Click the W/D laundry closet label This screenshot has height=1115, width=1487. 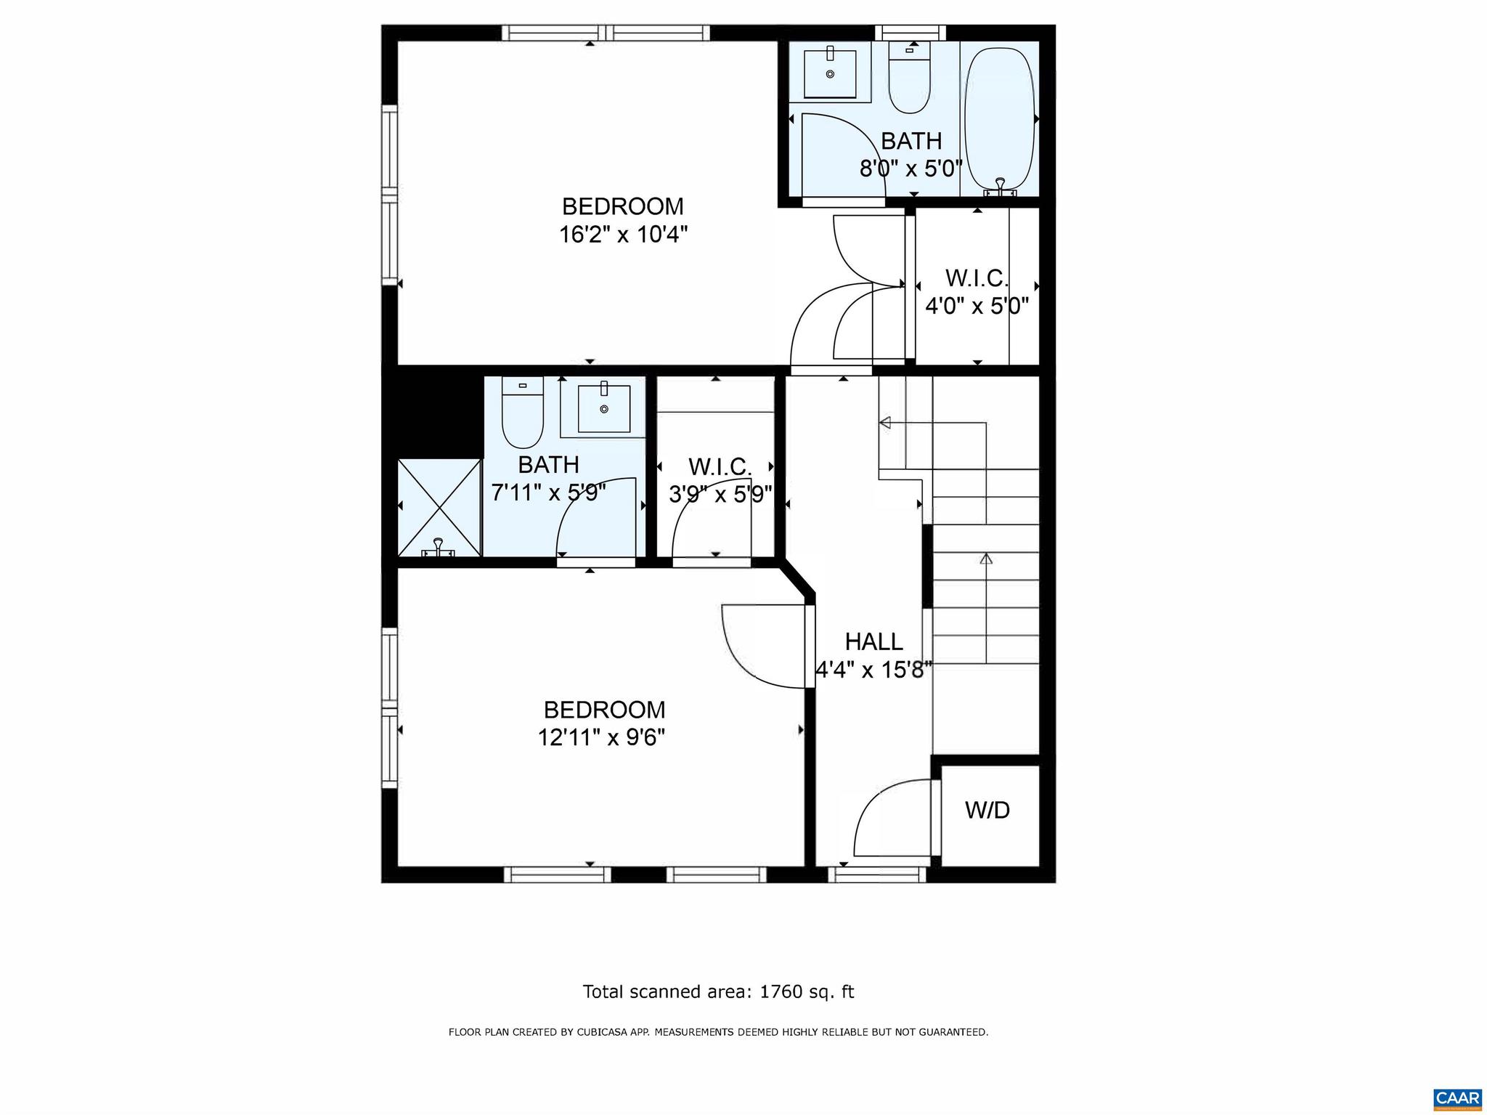click(x=987, y=810)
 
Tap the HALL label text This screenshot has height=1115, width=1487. click(x=873, y=641)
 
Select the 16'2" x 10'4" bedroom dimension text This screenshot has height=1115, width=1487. click(x=623, y=235)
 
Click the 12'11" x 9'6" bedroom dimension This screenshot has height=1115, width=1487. click(x=601, y=737)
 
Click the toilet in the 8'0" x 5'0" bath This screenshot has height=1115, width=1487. click(x=910, y=78)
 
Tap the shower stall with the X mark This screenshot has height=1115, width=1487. click(x=439, y=508)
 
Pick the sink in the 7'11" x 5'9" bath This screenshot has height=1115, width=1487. click(x=603, y=409)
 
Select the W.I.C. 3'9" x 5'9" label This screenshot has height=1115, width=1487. click(x=720, y=480)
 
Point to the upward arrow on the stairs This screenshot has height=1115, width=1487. click(x=986, y=559)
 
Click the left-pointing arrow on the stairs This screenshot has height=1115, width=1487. click(x=885, y=423)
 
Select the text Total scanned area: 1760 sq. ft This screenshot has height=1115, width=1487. click(x=718, y=992)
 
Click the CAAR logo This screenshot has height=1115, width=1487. click(x=1457, y=1098)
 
